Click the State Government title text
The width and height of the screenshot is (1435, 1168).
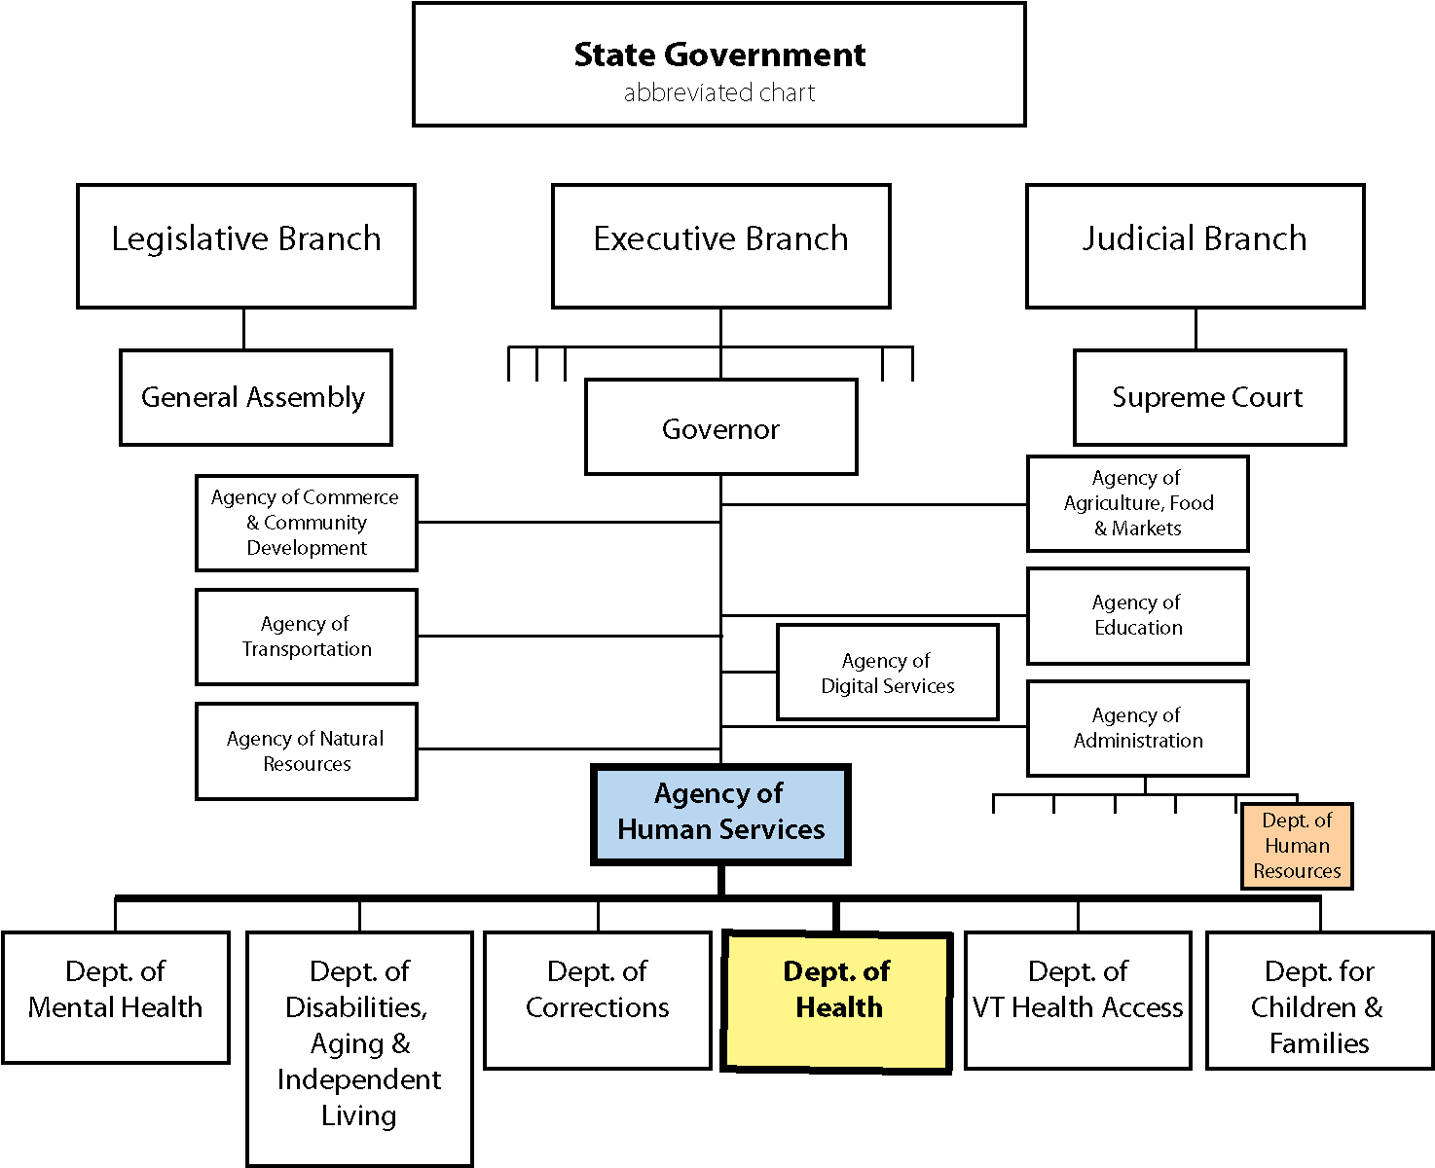point(719,55)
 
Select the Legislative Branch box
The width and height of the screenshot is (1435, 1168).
point(246,246)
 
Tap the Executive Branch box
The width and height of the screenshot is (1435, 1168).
point(720,246)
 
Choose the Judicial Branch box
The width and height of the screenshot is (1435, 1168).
point(1195,246)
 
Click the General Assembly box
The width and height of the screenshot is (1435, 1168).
point(255,397)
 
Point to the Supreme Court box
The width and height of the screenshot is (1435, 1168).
point(1209,397)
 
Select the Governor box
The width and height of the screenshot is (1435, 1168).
point(720,427)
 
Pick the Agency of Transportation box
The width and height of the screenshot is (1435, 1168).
point(307,637)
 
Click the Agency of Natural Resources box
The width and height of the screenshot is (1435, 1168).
point(307,750)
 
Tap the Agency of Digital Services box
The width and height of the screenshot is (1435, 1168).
point(887,673)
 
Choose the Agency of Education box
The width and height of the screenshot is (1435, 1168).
point(1137,615)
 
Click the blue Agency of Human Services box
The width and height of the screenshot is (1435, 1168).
point(720,814)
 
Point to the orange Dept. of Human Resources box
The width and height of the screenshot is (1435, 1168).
point(1297,846)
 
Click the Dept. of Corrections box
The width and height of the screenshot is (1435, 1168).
point(597,1000)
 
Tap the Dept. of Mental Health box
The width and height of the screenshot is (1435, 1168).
point(116,997)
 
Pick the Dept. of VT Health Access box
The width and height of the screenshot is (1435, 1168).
point(1078,1000)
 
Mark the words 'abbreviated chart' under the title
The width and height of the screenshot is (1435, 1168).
point(719,93)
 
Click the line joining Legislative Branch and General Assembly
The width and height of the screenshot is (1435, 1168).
point(243,329)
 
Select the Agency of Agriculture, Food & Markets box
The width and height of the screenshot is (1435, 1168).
point(1137,503)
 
